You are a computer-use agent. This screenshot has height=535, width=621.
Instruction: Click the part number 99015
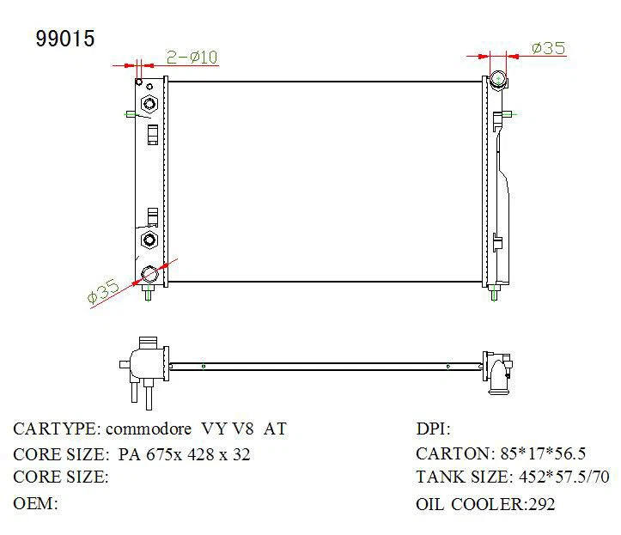pyautogui.click(x=65, y=39)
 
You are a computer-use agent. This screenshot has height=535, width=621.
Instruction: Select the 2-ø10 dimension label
pyautogui.click(x=192, y=58)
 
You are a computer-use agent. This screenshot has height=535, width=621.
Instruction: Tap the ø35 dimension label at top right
pyautogui.click(x=549, y=48)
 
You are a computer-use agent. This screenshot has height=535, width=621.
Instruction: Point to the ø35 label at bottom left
pyautogui.click(x=103, y=291)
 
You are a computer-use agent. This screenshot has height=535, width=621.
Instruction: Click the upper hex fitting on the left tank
pyautogui.click(x=149, y=104)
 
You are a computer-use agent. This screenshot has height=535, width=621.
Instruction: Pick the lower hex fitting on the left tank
pyautogui.click(x=149, y=240)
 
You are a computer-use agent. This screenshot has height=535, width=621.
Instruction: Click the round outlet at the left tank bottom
pyautogui.click(x=149, y=275)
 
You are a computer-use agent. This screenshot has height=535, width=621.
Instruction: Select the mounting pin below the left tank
pyautogui.click(x=149, y=293)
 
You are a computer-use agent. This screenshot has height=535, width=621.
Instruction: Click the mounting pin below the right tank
pyautogui.click(x=494, y=293)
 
